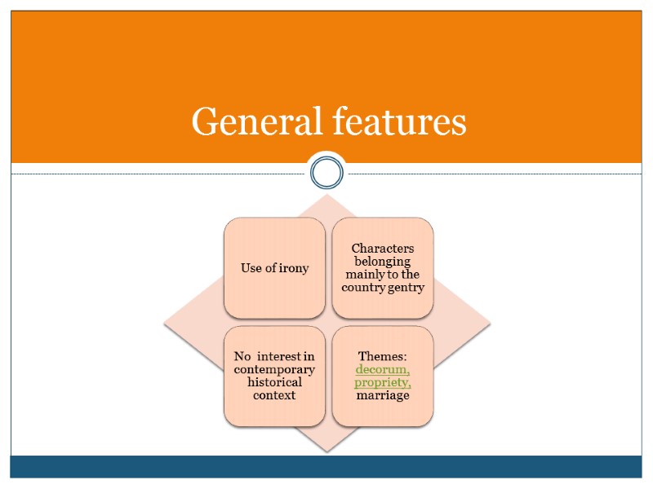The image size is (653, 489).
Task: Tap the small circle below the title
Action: [326, 172]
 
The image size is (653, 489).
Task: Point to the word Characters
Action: [383, 248]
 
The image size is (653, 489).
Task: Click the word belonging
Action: [383, 261]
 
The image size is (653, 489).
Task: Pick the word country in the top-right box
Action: [362, 288]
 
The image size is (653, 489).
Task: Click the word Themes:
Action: [383, 356]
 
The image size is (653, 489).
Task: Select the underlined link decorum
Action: [383, 369]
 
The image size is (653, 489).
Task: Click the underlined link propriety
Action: [383, 382]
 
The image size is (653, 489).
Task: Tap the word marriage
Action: [383, 395]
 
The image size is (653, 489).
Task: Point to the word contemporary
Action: [274, 369]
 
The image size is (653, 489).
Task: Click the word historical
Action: [274, 382]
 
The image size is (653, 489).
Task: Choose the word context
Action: [274, 395]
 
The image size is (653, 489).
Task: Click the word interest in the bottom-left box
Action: [280, 356]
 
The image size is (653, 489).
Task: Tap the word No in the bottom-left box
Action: [242, 356]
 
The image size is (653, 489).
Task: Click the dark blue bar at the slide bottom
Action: [326, 466]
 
